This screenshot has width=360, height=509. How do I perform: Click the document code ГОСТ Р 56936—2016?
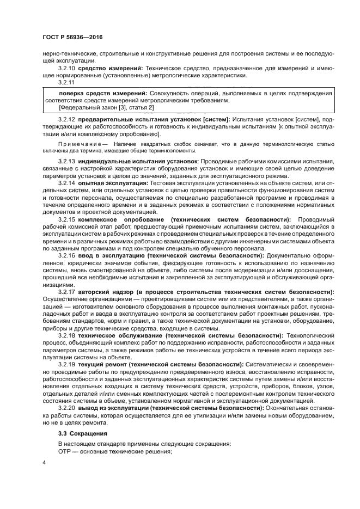[x=72, y=37]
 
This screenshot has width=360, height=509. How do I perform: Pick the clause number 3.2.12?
[x=66, y=119]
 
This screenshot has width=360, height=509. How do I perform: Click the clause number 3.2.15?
[x=66, y=219]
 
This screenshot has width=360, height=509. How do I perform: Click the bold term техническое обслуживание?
[x=119, y=336]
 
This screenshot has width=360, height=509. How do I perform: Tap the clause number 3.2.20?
[x=66, y=408]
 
